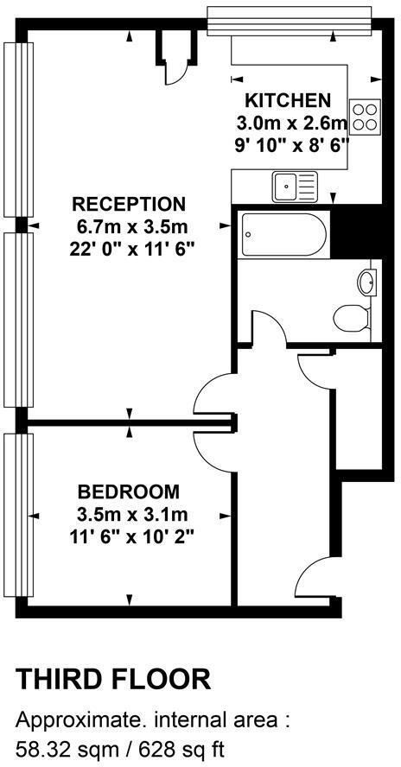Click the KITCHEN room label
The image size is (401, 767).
[288, 99]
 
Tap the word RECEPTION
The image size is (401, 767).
[129, 204]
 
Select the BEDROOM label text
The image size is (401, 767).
[129, 492]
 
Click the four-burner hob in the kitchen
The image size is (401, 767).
[366, 115]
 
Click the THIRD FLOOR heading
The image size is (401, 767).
[113, 679]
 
